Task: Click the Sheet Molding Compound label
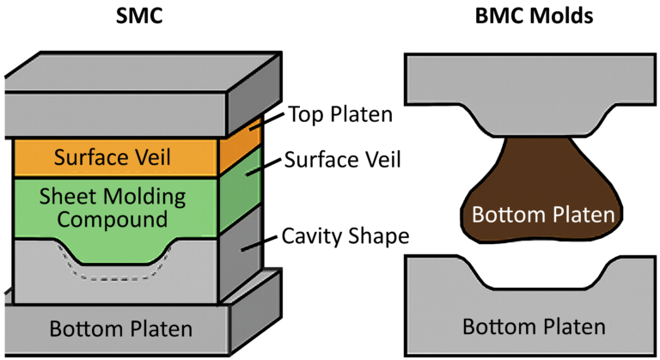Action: point(113,207)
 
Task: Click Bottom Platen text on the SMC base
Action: point(120,328)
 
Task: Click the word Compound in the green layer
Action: point(113,220)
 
